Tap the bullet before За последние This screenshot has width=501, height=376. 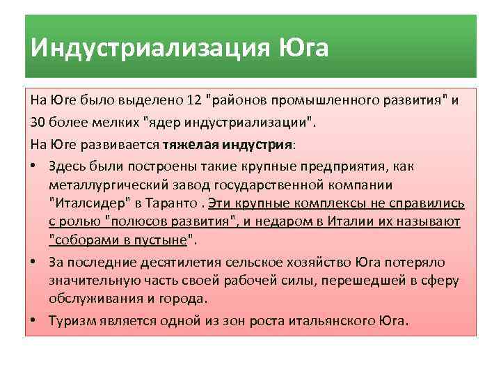pyautogui.click(x=35, y=263)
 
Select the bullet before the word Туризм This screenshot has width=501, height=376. pyautogui.click(x=35, y=321)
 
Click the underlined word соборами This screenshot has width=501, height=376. pyautogui.click(x=80, y=240)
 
